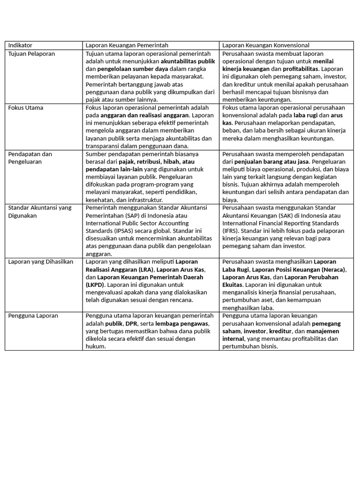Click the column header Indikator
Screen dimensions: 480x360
coord(20,45)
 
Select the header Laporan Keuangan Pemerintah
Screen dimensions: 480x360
coord(126,45)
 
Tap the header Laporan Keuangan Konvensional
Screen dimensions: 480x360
coord(266,45)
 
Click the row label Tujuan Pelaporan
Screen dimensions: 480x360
coord(31,54)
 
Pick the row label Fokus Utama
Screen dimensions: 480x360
coord(26,108)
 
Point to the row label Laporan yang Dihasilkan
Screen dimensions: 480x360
coord(41,262)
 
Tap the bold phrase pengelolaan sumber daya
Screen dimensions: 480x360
coord(133,69)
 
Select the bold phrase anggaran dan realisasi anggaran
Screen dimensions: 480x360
coord(144,115)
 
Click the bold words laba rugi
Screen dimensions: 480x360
coord(305,115)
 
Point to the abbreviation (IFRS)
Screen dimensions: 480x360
coord(231,231)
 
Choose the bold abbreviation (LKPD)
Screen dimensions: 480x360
coord(96,285)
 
